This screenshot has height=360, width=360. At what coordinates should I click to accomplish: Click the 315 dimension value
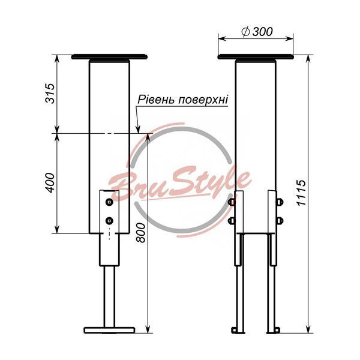50,93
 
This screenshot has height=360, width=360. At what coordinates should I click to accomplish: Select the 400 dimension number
50,183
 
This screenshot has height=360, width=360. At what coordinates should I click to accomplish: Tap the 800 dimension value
141,233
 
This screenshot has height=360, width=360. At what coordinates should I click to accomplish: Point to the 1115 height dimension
301,193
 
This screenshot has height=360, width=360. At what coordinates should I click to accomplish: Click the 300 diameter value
262,31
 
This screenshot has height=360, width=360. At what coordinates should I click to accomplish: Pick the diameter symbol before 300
245,32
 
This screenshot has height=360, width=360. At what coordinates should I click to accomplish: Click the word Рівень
157,100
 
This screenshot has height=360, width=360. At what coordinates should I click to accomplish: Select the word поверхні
203,100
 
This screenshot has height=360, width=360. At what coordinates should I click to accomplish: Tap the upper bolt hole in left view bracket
109,202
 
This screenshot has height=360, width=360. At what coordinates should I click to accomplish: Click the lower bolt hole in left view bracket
109,221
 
